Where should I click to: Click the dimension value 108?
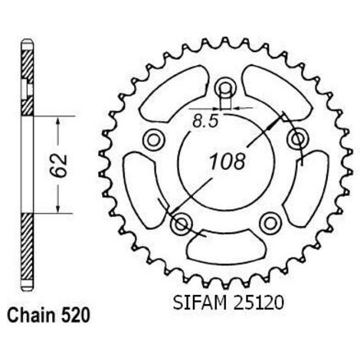(x=227, y=161)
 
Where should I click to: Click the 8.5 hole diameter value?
(x=206, y=121)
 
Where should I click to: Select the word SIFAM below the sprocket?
(x=200, y=303)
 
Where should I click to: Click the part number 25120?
(x=258, y=303)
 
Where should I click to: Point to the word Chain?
(x=31, y=316)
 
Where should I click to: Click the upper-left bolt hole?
(x=154, y=139)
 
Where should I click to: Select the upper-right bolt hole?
(x=297, y=139)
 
